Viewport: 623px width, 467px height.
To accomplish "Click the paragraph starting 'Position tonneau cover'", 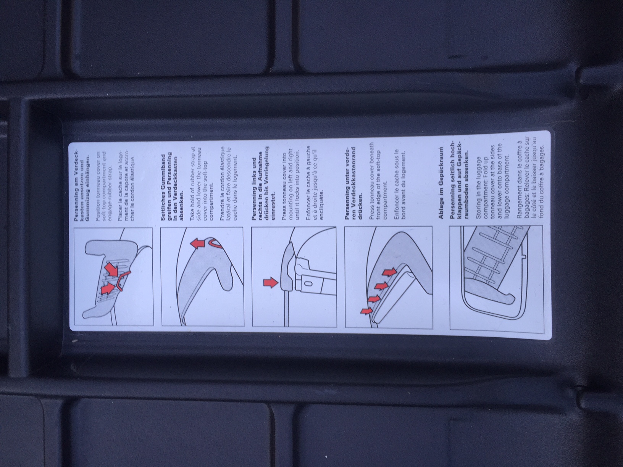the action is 104,187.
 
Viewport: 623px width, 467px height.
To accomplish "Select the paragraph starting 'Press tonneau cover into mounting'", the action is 290,187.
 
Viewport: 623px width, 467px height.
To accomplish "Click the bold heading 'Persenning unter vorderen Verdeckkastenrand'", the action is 353,185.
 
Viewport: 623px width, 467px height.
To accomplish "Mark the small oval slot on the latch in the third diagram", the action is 309,283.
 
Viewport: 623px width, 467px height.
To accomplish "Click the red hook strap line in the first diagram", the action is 123,279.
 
